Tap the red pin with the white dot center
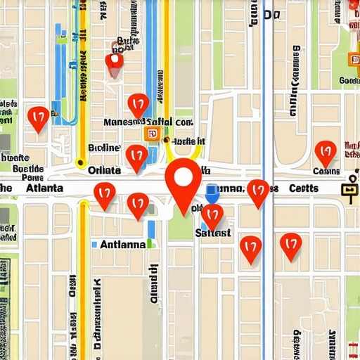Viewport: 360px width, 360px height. point(114,62)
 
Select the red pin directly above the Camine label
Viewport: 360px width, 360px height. point(325,151)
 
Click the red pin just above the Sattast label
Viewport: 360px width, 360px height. point(212,214)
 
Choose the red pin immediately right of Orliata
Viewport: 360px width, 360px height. point(136,156)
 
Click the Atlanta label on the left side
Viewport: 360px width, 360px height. point(44,188)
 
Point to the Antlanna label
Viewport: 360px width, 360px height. point(122,245)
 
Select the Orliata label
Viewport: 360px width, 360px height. point(103,169)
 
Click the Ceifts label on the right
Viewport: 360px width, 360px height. point(304,188)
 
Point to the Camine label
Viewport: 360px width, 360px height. point(326,171)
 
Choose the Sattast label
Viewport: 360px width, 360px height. point(212,233)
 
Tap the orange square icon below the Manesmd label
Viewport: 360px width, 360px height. point(151,134)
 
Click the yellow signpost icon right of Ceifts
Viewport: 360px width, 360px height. point(349,190)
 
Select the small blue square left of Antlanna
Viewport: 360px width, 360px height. point(94,245)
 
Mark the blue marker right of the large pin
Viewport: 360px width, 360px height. point(211,190)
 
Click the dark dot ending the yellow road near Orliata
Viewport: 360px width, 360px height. point(166,140)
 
